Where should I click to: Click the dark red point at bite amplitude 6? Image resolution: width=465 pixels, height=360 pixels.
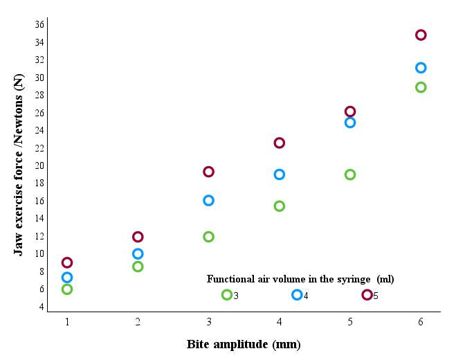point(421,35)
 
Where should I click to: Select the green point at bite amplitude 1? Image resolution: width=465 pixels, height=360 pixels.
point(67,289)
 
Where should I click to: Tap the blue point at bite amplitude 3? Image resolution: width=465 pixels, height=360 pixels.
point(208,201)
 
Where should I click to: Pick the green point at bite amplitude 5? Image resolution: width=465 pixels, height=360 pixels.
point(350,174)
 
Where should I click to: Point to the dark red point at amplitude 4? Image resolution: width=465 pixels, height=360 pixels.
point(280,143)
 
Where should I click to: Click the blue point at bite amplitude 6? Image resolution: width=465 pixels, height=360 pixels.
point(421,68)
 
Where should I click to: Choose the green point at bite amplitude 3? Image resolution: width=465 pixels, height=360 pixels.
point(208,237)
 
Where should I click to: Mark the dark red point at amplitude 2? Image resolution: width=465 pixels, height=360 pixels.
point(138,237)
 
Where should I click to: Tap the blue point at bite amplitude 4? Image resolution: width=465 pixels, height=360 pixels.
point(280,174)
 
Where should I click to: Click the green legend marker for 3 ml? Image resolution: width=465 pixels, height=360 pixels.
point(226,295)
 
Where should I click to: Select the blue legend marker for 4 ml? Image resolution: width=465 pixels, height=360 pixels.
point(297,295)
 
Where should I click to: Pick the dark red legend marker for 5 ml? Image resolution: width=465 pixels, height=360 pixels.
point(367,295)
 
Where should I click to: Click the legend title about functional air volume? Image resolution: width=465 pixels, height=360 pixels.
point(300,279)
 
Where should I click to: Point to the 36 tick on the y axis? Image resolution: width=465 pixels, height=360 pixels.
point(39,25)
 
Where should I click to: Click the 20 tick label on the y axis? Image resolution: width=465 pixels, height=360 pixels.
point(39,165)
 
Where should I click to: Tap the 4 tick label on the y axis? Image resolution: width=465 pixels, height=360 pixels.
point(41,307)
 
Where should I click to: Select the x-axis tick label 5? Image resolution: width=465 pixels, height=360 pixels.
point(350,322)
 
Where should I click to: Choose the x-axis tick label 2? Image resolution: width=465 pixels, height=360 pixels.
point(138,322)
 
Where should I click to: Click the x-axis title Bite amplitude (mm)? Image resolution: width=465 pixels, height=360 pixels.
point(244,344)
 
